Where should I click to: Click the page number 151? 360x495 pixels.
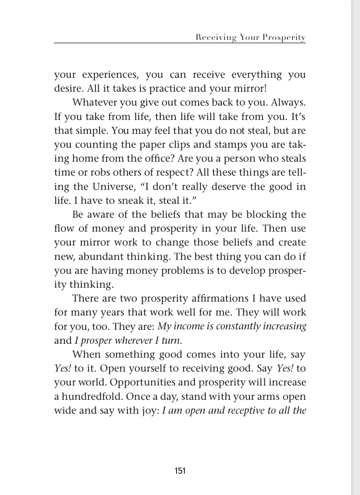click(x=180, y=471)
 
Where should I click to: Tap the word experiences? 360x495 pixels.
click(x=108, y=75)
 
